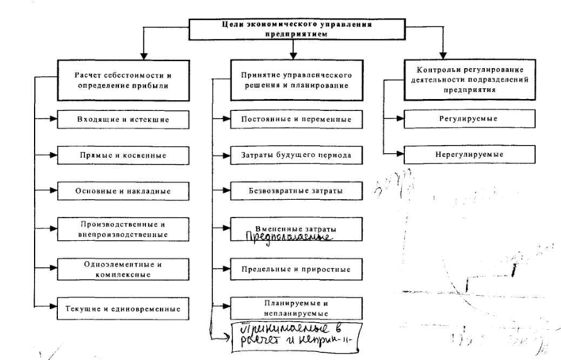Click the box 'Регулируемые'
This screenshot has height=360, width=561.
tap(458, 121)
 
